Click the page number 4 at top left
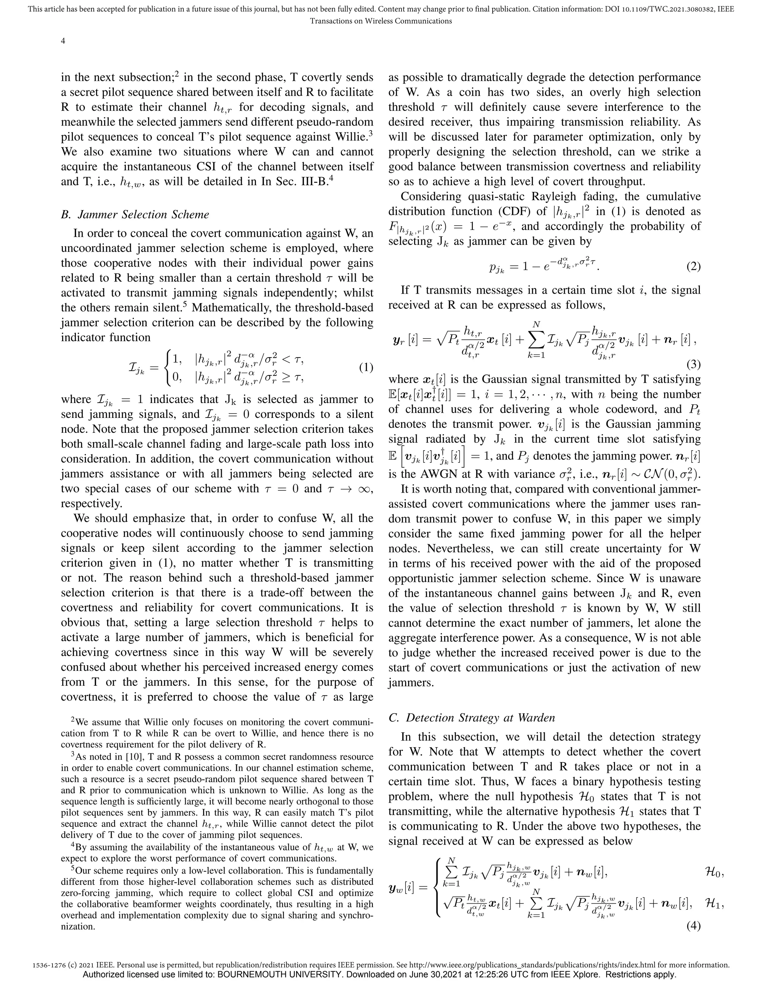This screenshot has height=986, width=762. coord(63,41)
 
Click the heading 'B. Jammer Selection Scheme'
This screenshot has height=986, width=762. coord(135,214)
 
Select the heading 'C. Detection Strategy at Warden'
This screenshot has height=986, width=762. coord(471,718)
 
